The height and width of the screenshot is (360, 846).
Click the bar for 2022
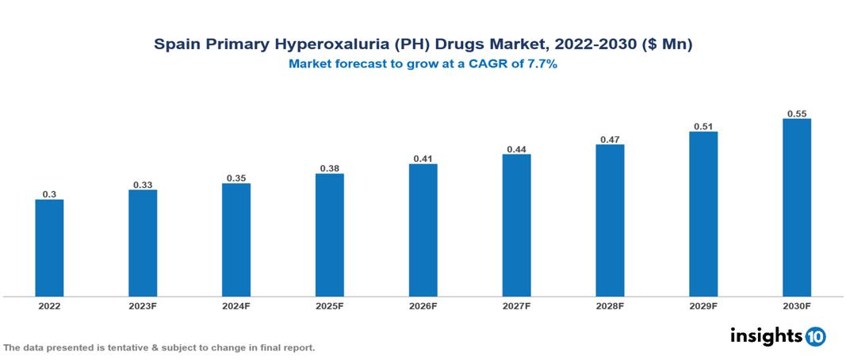click(49, 248)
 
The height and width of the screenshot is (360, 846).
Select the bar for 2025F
click(329, 236)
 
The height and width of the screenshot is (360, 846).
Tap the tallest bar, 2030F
click(797, 208)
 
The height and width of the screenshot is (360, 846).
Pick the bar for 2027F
click(516, 226)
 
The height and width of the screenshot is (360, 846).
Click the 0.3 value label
click(49, 194)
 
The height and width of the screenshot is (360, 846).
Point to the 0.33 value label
click(143, 185)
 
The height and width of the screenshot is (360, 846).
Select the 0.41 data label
click(423, 159)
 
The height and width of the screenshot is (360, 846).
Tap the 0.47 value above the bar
click(610, 140)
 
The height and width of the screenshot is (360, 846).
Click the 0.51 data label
click(703, 126)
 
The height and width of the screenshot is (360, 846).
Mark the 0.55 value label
click(797, 113)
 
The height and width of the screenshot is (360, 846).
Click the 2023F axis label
click(143, 306)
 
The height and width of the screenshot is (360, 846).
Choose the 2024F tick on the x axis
click(236, 306)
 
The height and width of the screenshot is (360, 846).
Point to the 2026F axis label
click(423, 306)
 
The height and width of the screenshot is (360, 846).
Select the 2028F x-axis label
click(610, 306)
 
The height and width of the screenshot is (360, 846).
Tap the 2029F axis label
click(703, 306)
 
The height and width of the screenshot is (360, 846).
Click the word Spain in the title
click(176, 45)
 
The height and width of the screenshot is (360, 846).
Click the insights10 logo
click(778, 336)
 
